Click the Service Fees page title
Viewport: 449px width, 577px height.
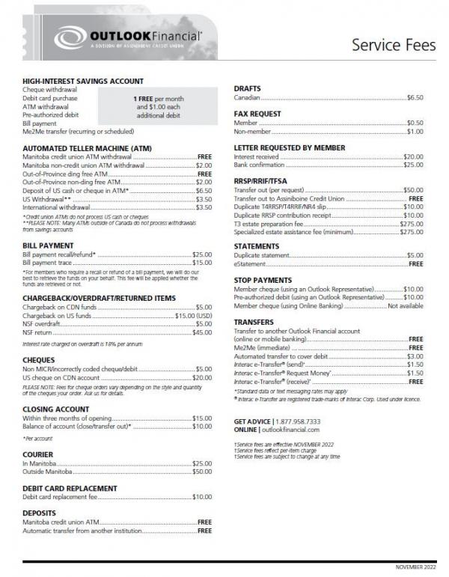[393, 44]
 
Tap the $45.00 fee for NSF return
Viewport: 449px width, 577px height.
[202, 332]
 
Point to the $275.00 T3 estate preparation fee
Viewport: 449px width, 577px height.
[411, 224]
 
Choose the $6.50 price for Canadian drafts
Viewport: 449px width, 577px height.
[415, 98]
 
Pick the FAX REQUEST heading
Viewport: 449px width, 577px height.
[257, 114]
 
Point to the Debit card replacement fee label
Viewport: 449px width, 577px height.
[61, 497]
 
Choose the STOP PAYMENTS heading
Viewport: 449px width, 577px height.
[264, 280]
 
